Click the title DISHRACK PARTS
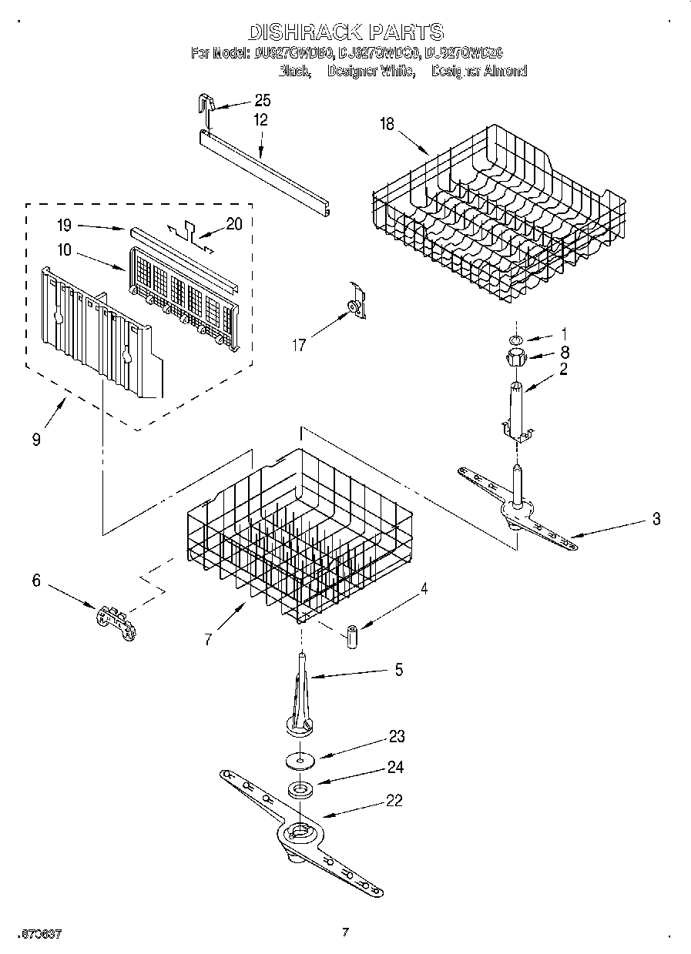click(345, 32)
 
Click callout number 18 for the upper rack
click(386, 123)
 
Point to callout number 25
click(262, 101)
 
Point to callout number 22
click(394, 800)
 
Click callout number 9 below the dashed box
click(37, 440)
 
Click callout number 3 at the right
click(656, 519)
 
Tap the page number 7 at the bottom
click(345, 932)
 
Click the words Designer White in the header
click(371, 71)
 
